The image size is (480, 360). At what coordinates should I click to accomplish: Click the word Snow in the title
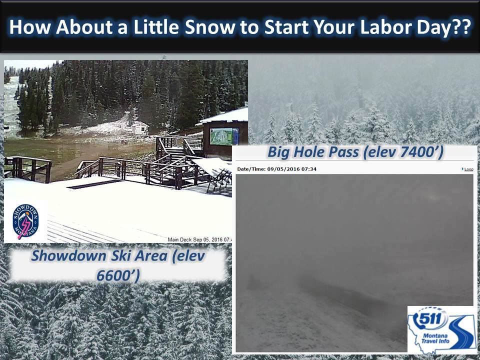point(210,27)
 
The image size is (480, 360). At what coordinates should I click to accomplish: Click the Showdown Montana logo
point(25,221)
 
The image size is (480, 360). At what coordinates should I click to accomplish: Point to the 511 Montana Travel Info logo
point(441,329)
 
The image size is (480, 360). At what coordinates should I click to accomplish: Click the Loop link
point(467,169)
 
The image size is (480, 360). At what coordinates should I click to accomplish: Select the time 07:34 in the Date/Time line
point(310,169)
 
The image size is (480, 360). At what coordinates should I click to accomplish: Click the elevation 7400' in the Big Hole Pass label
point(424,152)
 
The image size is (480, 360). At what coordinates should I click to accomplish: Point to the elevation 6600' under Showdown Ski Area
point(118,275)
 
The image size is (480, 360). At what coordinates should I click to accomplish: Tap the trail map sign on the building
point(224,136)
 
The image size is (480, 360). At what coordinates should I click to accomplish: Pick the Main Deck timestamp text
point(199,239)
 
